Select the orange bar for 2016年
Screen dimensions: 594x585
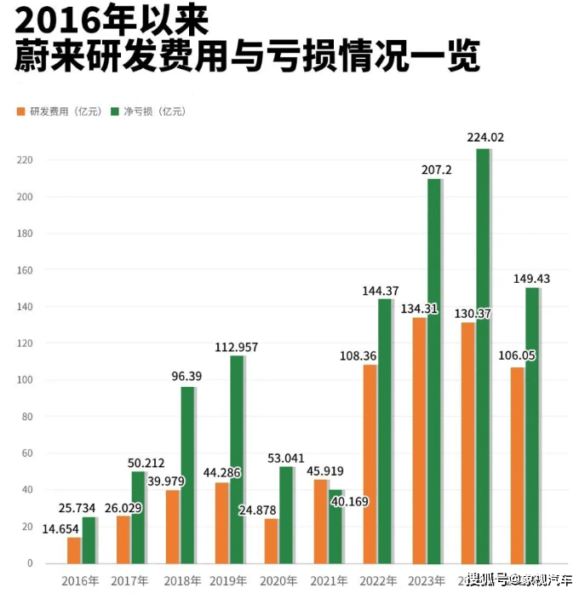click(74, 550)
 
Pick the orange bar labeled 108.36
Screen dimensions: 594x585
click(370, 464)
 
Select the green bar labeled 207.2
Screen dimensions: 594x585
click(433, 371)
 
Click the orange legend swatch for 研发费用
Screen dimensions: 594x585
click(21, 112)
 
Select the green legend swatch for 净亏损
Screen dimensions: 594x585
click(116, 112)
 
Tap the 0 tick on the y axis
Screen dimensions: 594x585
click(29, 563)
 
